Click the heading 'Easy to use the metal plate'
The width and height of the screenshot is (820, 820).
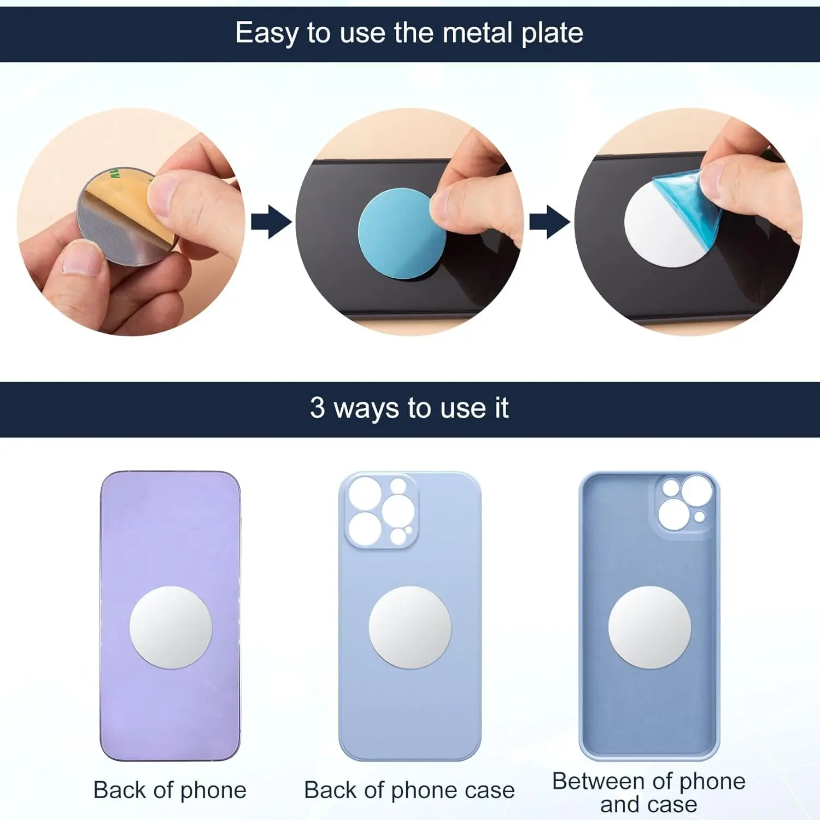pyautogui.click(x=409, y=33)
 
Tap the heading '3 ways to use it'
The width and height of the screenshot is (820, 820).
pyautogui.click(x=409, y=408)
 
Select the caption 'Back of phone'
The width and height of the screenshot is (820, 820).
pyautogui.click(x=170, y=790)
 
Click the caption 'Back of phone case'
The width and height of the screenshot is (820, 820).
pyautogui.click(x=409, y=790)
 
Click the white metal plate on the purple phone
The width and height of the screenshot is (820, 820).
pyautogui.click(x=171, y=628)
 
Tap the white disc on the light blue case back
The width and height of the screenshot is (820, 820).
pyautogui.click(x=410, y=628)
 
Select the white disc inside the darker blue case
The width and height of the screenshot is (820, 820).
pyautogui.click(x=649, y=628)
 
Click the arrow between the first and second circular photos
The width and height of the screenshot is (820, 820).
pyautogui.click(x=271, y=222)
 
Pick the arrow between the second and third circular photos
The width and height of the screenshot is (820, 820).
pyautogui.click(x=549, y=222)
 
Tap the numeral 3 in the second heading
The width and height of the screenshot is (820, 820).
pyautogui.click(x=317, y=408)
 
